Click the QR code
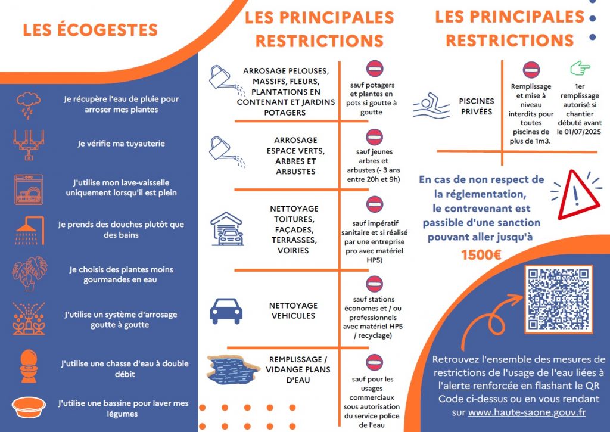click(x=558, y=299)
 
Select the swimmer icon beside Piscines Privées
click(x=432, y=105)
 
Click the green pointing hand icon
click(x=580, y=69)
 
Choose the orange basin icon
click(x=29, y=408)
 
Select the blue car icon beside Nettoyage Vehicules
click(x=226, y=310)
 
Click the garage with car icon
click(x=227, y=229)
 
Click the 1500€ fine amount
click(x=481, y=255)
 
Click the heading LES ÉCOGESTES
click(x=90, y=30)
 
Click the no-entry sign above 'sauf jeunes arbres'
click(x=374, y=137)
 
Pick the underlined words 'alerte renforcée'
click(x=480, y=386)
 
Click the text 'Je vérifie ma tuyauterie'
click(x=121, y=144)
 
